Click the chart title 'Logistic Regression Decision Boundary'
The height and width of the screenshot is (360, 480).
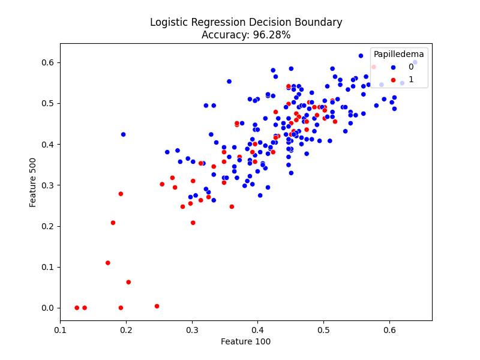[246, 23]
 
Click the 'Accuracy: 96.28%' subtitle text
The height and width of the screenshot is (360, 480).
[246, 35]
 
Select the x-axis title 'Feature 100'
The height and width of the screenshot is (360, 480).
[246, 341]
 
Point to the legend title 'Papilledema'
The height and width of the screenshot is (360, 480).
[399, 54]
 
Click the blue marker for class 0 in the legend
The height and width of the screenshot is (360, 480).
[393, 67]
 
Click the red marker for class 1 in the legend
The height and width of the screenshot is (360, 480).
[393, 79]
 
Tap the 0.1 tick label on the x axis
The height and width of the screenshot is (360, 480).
[60, 329]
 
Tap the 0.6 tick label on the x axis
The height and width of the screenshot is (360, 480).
[389, 329]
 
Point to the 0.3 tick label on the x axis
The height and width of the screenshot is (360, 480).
[192, 329]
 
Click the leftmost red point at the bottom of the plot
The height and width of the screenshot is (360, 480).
[77, 308]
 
